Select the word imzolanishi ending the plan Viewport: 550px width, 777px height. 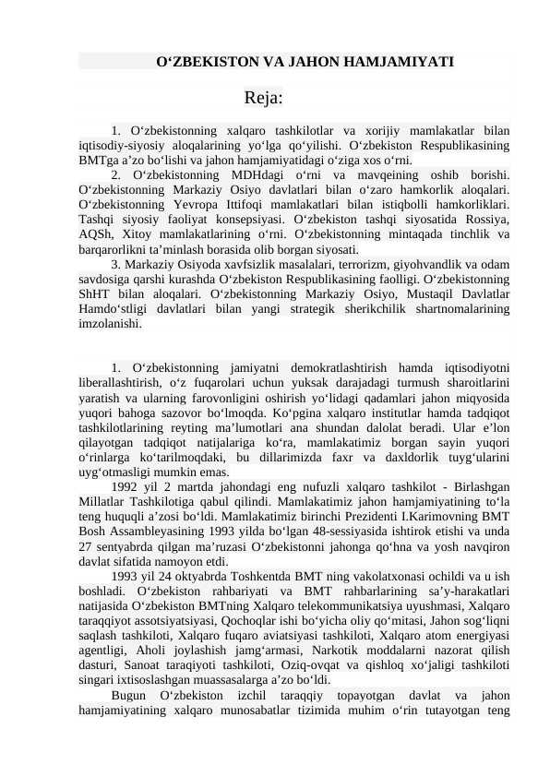pyautogui.click(x=111, y=324)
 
